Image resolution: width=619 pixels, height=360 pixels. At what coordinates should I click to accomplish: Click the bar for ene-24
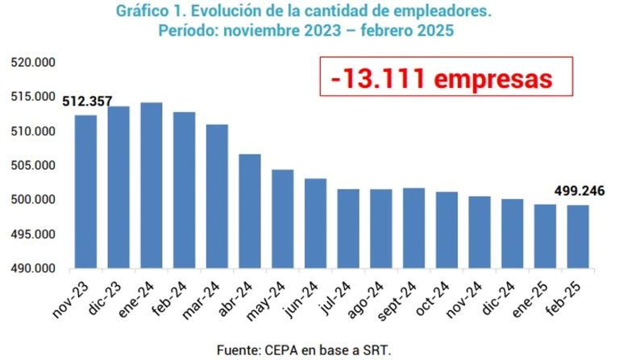(151, 185)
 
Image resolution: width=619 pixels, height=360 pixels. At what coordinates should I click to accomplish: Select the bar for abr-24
(249, 211)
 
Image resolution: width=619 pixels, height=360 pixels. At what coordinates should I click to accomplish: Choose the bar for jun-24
(315, 223)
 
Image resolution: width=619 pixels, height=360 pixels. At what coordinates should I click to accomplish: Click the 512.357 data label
(87, 101)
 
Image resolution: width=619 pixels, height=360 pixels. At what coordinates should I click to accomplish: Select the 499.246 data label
(579, 192)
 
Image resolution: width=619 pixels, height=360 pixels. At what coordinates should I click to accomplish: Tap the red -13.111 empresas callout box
(446, 77)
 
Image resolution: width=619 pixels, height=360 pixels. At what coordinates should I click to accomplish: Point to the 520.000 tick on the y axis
(31, 63)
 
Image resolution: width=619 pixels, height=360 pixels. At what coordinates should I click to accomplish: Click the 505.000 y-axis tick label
(31, 166)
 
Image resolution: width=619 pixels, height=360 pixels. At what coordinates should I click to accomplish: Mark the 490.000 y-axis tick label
(31, 268)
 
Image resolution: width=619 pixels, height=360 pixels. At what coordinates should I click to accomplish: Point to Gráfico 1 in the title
(149, 12)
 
